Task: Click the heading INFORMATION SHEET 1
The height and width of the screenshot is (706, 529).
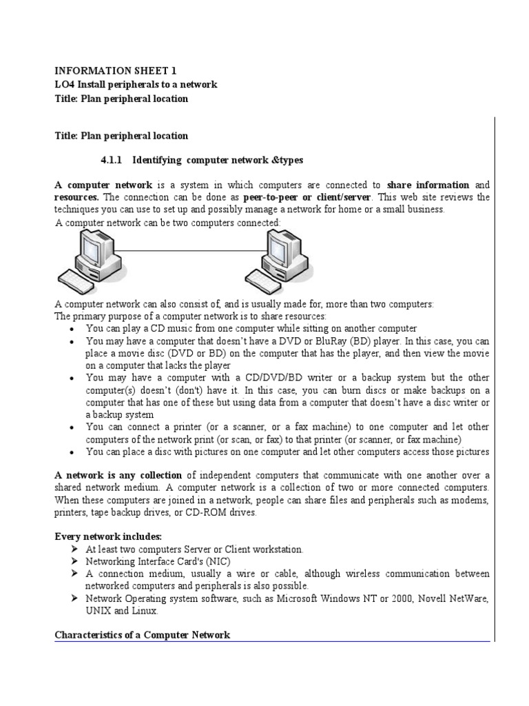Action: (110, 70)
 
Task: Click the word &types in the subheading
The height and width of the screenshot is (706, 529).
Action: (286, 160)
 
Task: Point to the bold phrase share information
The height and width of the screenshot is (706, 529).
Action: (428, 185)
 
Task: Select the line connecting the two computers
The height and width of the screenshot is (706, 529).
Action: (187, 250)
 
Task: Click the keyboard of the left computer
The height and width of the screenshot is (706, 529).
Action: (78, 283)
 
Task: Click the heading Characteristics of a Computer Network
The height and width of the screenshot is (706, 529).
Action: (142, 635)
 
